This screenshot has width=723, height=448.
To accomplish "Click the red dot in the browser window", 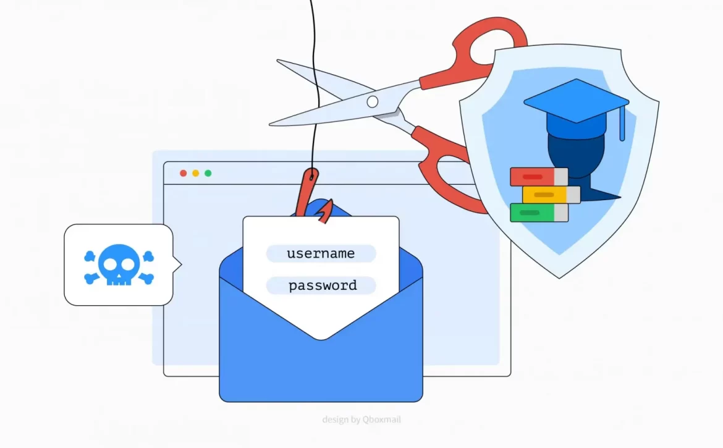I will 183,173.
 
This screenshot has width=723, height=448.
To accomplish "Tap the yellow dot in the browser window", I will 195,173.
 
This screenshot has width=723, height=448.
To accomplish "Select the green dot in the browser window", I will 208,173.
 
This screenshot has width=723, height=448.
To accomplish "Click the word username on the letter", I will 321,253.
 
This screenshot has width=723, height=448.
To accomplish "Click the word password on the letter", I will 323,285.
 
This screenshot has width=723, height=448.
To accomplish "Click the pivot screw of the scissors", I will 372,102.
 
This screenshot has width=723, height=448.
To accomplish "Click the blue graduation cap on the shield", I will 575,102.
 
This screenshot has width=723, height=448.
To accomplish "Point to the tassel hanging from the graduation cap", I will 622,126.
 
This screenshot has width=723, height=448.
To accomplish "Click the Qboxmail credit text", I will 361,420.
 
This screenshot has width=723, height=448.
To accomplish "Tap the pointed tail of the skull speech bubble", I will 179,265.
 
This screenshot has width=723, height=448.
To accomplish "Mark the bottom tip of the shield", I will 559,277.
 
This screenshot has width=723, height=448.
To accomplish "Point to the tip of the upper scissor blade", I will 278,61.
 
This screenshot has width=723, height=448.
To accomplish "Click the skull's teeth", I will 119,279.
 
